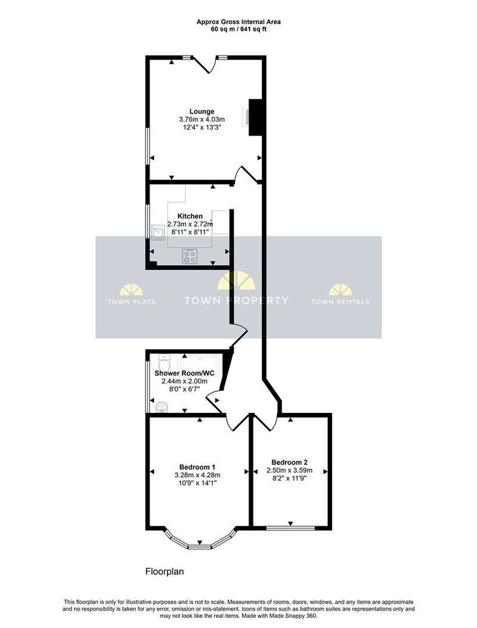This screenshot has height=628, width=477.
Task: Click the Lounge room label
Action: (x=202, y=111)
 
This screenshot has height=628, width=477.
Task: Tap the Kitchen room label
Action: (x=190, y=216)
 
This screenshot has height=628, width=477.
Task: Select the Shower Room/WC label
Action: (x=184, y=373)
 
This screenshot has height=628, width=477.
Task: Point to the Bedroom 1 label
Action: (x=197, y=467)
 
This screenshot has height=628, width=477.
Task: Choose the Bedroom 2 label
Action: (x=289, y=462)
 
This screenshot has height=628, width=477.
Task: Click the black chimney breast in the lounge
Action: (x=255, y=117)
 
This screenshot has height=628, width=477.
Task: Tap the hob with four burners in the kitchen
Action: (x=190, y=256)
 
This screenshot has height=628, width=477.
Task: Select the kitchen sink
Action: (x=157, y=232)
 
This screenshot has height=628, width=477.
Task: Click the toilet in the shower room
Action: (x=165, y=363)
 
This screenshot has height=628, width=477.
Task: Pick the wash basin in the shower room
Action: (x=162, y=407)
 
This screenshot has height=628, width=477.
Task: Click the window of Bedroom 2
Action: (x=290, y=528)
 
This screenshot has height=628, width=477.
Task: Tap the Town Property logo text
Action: (x=236, y=300)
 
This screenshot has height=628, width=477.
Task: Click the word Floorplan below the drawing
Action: (x=165, y=571)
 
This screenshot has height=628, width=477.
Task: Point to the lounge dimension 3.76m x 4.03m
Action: (x=202, y=119)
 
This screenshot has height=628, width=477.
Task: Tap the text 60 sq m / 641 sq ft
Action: (x=238, y=29)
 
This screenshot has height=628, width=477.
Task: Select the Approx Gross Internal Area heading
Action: (x=238, y=22)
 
